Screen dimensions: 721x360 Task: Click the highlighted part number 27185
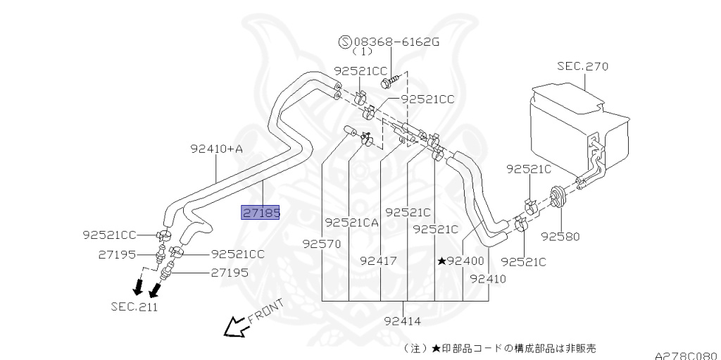[x=261, y=212]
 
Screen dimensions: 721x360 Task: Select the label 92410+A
[x=216, y=149]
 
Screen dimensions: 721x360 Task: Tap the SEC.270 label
[x=582, y=66]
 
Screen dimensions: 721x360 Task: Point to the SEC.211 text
[x=134, y=307]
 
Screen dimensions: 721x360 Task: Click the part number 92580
[x=560, y=237]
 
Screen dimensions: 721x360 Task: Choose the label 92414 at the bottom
[x=404, y=322]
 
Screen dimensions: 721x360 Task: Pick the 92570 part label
[x=322, y=244]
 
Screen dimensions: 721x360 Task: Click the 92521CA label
[x=352, y=223]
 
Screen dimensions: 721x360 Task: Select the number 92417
[x=379, y=261]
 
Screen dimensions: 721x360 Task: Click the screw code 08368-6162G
[x=397, y=42]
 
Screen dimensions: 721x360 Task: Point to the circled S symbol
[x=346, y=42]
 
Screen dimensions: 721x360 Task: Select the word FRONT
[x=265, y=311]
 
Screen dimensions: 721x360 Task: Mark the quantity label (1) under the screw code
[x=362, y=52]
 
